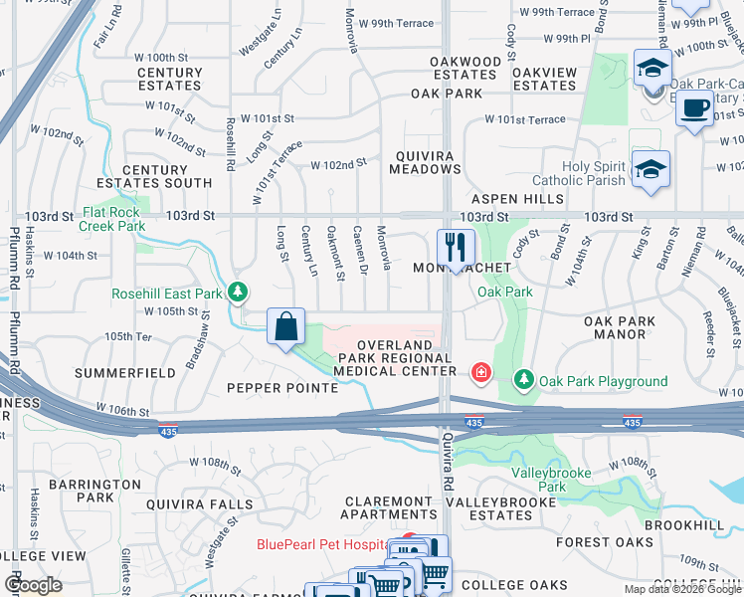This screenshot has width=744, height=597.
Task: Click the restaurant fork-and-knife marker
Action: [x=456, y=248]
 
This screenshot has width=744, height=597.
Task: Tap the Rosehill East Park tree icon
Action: [x=238, y=293]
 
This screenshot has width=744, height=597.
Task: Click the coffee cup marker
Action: [x=694, y=106]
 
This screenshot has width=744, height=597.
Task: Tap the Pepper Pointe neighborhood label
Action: [x=282, y=387]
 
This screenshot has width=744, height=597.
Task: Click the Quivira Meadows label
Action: [x=428, y=162]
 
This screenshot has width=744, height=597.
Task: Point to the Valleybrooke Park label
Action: [x=552, y=480]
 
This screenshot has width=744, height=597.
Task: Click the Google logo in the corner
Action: [x=33, y=585]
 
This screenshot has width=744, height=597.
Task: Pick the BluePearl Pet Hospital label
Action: [x=321, y=544]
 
